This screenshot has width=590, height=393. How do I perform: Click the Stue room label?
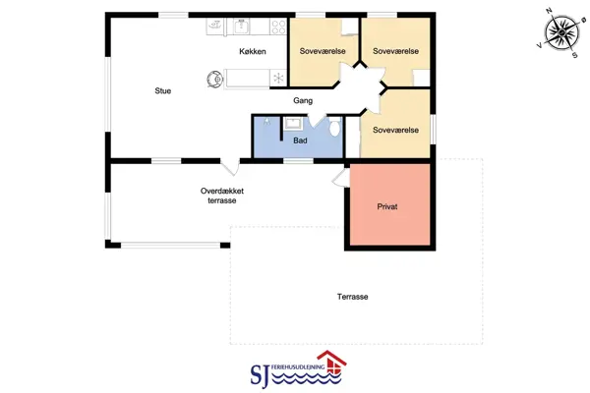point(163,90)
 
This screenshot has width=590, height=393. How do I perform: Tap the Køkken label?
point(253,51)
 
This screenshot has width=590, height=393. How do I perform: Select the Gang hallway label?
point(303,101)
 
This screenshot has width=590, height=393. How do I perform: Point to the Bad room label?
point(300,140)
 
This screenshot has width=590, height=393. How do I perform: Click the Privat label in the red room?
point(387,206)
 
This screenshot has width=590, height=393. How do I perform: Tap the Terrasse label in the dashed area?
point(353,297)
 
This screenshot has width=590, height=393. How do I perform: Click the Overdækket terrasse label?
point(222,196)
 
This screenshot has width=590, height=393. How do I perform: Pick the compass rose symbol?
point(561,32)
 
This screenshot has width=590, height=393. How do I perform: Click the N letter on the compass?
point(549,11)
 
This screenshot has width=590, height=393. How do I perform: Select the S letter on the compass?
point(574,55)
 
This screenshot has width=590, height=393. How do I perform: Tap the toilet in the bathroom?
point(334,127)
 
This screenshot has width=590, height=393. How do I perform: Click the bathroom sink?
point(292,124)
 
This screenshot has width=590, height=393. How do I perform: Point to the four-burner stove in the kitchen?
point(278,28)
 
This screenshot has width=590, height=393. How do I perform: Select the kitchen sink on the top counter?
point(241,27)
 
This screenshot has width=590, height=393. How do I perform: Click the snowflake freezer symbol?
point(278,78)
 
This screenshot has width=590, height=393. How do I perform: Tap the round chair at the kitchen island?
point(214,79)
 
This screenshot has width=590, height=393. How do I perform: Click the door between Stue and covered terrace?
point(230,167)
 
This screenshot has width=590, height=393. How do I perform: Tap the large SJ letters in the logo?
point(260,375)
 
